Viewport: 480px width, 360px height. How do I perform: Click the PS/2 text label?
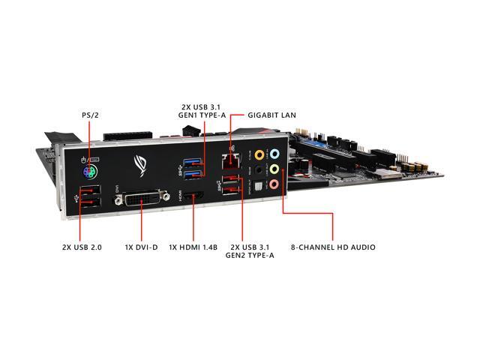coord(89,116)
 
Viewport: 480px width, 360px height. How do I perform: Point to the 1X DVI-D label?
coord(141,246)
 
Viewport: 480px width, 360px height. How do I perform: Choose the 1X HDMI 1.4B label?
coord(194,246)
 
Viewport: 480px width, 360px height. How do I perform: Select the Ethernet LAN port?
coord(229,159)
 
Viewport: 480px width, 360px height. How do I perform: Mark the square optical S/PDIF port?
coord(260,185)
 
